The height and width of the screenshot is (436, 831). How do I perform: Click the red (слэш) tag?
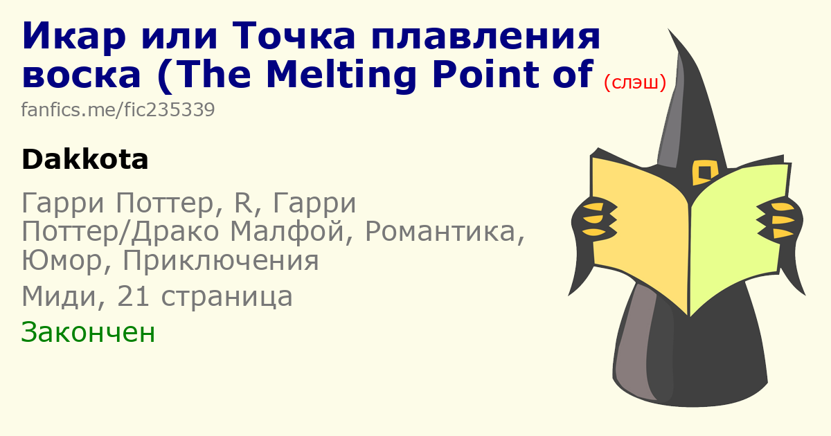point(635,82)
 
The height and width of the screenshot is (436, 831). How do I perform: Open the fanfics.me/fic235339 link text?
point(118,110)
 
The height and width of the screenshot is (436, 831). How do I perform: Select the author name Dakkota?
point(85,160)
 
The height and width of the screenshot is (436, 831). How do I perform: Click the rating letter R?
point(242,203)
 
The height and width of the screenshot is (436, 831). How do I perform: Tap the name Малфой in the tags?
point(287,231)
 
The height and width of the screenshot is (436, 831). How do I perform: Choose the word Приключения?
point(220,261)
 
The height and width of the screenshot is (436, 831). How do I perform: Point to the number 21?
point(133,297)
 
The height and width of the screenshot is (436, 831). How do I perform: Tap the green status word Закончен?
point(88,332)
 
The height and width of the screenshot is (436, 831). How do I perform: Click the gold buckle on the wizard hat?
point(704,172)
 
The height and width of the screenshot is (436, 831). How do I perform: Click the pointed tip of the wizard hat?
point(669,29)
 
